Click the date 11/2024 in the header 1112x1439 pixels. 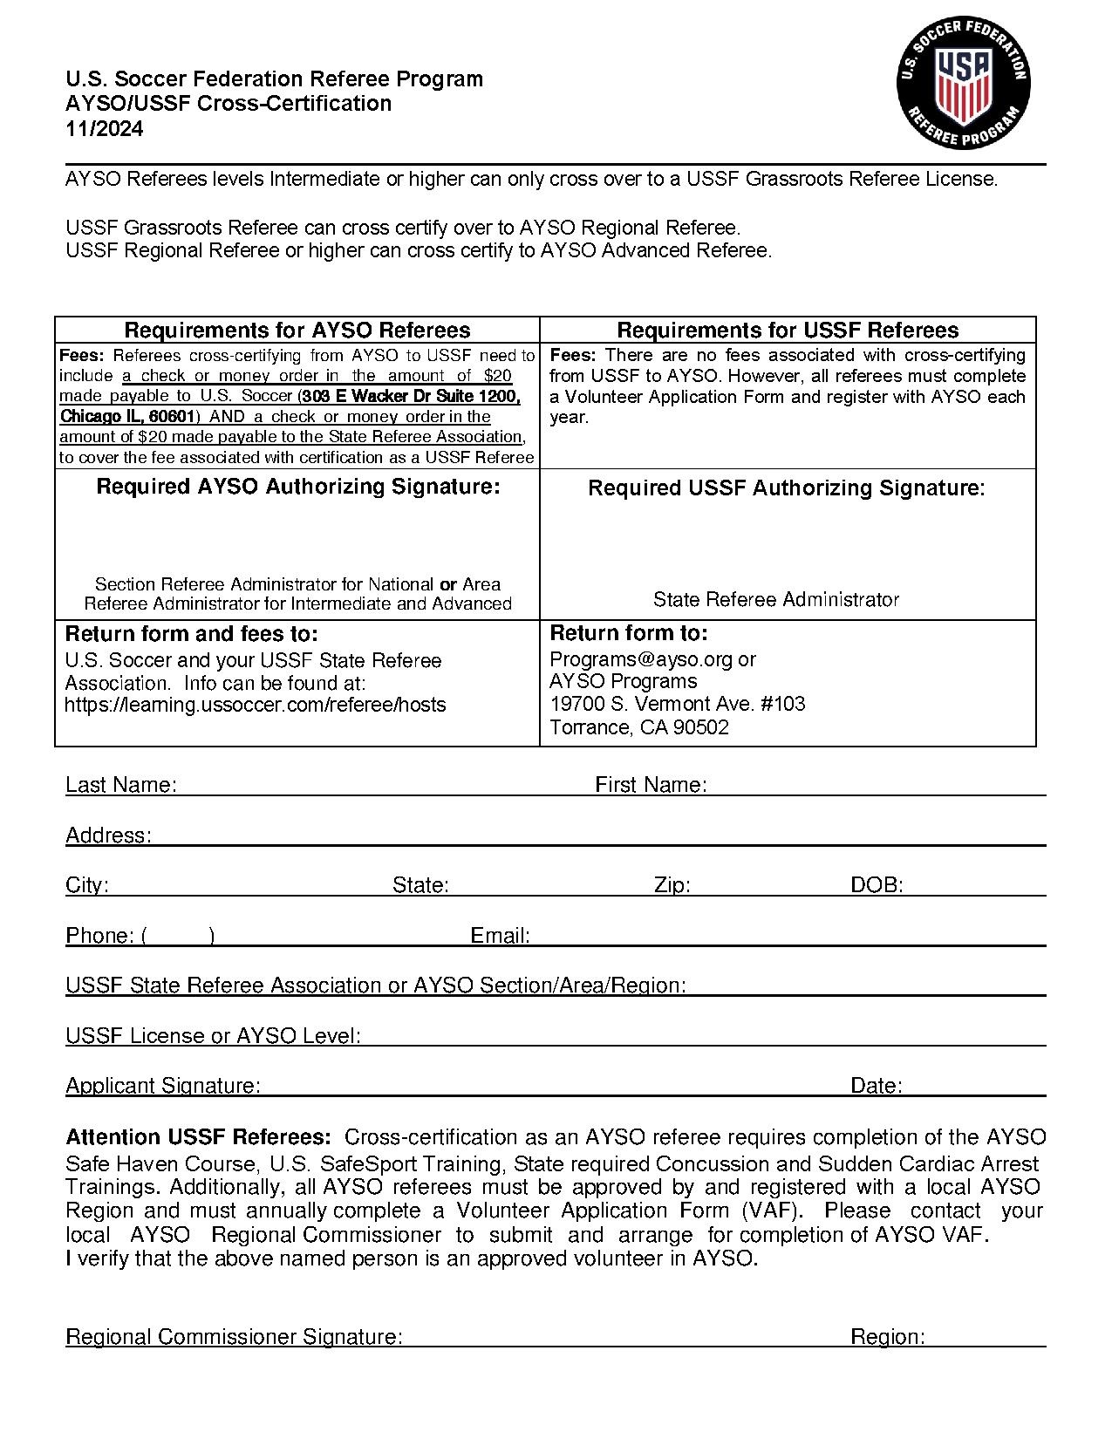tap(105, 129)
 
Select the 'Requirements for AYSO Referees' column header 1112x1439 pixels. tap(297, 330)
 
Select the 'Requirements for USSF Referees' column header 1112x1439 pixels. tap(788, 330)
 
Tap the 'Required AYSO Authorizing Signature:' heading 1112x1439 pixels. tap(298, 487)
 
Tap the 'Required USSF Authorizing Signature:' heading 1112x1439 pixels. tap(787, 488)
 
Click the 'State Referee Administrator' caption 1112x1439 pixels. tap(776, 599)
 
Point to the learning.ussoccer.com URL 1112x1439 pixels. tap(256, 705)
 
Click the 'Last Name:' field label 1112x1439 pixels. tap(121, 785)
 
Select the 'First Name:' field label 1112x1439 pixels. tap(651, 785)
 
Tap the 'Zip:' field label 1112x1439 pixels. tap(672, 885)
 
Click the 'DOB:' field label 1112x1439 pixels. tap(877, 885)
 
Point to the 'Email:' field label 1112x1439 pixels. tap(501, 936)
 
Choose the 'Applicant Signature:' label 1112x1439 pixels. tap(163, 1086)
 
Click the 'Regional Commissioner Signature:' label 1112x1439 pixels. tap(234, 1337)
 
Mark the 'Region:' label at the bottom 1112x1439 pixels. tap(888, 1337)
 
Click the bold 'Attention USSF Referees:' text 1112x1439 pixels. tap(198, 1137)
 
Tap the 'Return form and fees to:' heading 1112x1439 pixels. tap(192, 633)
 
